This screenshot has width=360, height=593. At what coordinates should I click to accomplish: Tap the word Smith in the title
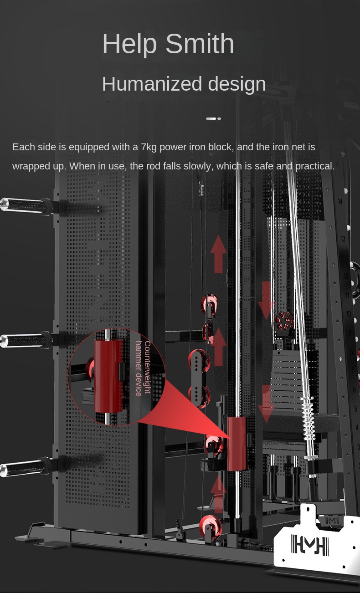click(200, 43)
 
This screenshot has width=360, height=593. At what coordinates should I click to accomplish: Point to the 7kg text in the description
click(149, 147)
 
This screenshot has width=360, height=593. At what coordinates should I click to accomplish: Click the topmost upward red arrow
click(218, 254)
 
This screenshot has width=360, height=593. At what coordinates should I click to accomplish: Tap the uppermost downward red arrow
click(266, 301)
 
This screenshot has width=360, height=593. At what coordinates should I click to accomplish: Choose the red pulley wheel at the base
click(211, 526)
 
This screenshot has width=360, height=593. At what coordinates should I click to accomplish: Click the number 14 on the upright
click(340, 201)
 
